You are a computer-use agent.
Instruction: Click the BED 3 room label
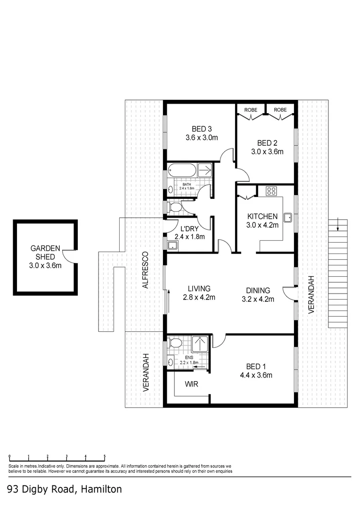pyautogui.click(x=202, y=129)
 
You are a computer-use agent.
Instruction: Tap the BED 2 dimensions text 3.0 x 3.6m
pyautogui.click(x=267, y=152)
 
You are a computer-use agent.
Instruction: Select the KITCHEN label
pyautogui.click(x=262, y=216)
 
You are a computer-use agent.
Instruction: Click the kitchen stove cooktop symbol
pyautogui.click(x=271, y=191)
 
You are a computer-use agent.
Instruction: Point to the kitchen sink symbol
pyautogui.click(x=288, y=217)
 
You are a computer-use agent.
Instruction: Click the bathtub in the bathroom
pyautogui.click(x=182, y=171)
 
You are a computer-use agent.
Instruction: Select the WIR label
pyautogui.click(x=191, y=385)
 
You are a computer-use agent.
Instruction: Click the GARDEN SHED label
pyautogui.click(x=45, y=253)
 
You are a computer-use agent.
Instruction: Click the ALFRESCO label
pyautogui.click(x=146, y=270)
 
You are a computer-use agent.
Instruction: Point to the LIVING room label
pyautogui.click(x=199, y=288)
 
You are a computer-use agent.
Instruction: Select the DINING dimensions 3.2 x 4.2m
pyautogui.click(x=258, y=299)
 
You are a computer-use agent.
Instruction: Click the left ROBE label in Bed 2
pyautogui.click(x=251, y=110)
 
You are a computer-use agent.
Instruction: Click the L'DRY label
pyautogui.click(x=189, y=229)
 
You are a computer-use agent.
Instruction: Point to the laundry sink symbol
pyautogui.click(x=172, y=246)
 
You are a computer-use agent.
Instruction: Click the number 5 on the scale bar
pyautogui.click(x=105, y=456)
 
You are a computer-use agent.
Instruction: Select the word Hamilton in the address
pyautogui.click(x=101, y=489)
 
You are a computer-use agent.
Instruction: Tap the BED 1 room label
pyautogui.click(x=256, y=367)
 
